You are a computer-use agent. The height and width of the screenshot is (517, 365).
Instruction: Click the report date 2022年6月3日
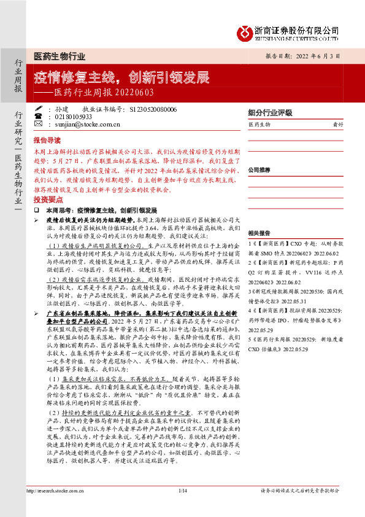pyautogui.click(x=320, y=55)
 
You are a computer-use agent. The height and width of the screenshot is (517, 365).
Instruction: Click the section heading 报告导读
pyautogui.click(x=47, y=140)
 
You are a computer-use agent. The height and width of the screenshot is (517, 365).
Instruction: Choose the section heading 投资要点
pyautogui.click(x=47, y=200)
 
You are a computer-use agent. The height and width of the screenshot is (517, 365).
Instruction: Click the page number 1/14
pyautogui.click(x=182, y=490)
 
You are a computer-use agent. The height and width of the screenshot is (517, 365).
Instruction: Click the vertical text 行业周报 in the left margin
pyautogui.click(x=18, y=77)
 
